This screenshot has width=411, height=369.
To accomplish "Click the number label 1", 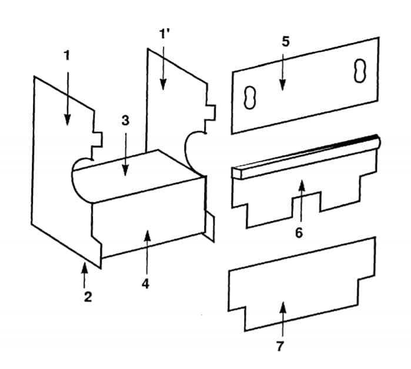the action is pyautogui.click(x=67, y=56).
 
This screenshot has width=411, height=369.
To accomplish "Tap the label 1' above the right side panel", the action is pyautogui.click(x=165, y=33).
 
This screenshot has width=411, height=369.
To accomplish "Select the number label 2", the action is pyautogui.click(x=88, y=297).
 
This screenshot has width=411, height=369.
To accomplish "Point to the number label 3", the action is pyautogui.click(x=126, y=120).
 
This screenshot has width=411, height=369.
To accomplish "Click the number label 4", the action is pyautogui.click(x=145, y=284).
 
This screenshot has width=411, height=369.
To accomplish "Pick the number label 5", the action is pyautogui.click(x=285, y=42).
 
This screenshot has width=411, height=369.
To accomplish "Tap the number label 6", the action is pyautogui.click(x=299, y=232).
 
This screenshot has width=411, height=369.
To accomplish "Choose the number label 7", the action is pyautogui.click(x=280, y=346).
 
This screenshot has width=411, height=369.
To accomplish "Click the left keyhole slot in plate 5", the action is pyautogui.click(x=250, y=97).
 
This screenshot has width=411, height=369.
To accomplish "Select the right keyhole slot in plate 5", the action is pyautogui.click(x=360, y=71).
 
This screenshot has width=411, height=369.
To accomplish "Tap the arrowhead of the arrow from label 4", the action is pyautogui.click(x=148, y=236).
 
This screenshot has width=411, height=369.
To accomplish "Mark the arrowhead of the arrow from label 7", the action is pyautogui.click(x=283, y=307).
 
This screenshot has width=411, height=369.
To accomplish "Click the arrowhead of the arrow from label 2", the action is pyautogui.click(x=84, y=267).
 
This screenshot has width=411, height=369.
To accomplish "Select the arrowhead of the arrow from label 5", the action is pyautogui.click(x=282, y=85).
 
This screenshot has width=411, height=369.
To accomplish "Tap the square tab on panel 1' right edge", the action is pyautogui.click(x=210, y=112).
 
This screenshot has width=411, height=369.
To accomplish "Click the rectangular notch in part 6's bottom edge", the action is pyautogui.click(x=306, y=202).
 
